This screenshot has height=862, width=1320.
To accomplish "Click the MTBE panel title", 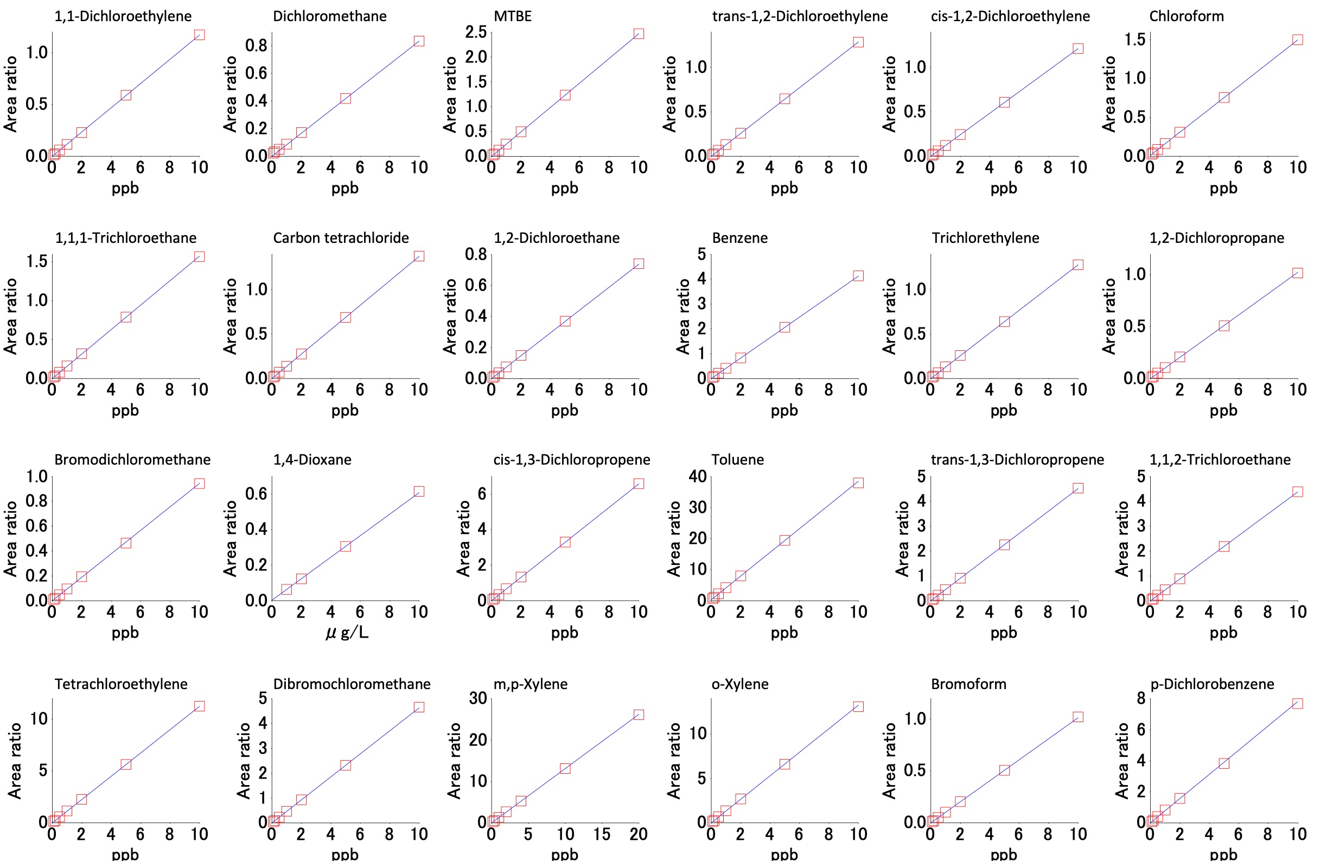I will pos(513,16).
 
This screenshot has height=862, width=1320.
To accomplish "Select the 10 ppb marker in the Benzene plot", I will pos(858,276).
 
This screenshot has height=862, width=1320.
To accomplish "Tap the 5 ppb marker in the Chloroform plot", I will pos(1223,98).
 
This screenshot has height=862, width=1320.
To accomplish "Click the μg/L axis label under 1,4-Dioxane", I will pos(347,633).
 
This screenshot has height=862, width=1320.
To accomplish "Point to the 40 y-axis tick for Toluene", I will pos(697,476).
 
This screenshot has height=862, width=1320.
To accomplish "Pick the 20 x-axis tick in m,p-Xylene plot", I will pos(639,834).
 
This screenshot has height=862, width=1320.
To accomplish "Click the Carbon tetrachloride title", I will pos(341,238).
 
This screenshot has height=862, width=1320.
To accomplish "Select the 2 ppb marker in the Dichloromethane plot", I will pos(301,132).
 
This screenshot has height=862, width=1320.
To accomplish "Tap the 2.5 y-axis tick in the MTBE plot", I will pos(476,32).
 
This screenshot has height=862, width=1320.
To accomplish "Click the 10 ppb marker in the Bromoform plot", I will pos(1077,717).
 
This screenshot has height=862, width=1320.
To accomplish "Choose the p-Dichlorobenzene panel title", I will pos(1212,684).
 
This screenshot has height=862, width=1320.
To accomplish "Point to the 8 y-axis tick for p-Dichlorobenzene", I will pos(1141,698).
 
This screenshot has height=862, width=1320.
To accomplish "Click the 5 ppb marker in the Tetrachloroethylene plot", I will pos(126,764).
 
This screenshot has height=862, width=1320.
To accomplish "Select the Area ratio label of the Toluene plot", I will pos(674,538).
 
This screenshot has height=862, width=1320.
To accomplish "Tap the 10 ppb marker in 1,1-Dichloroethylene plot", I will pos(199,35).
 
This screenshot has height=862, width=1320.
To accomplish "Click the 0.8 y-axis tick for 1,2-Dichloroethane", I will pos(476,254).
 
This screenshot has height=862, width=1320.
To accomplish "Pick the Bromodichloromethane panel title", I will pos(132,460).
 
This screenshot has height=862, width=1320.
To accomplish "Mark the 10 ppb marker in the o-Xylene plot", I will pos(858,707).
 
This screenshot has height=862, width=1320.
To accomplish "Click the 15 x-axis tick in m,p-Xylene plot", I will pos(602,834).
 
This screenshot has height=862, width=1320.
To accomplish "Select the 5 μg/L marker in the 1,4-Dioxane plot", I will pos(346,546).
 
